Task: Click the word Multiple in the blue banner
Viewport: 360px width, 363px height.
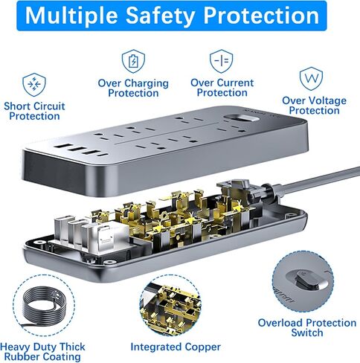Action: pyautogui.click(x=71, y=16)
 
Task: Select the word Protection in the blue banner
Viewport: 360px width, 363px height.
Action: pyautogui.click(x=261, y=16)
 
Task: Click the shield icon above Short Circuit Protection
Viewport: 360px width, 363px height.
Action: pyautogui.click(x=34, y=85)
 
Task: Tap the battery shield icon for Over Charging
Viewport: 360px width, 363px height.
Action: pyautogui.click(x=133, y=61)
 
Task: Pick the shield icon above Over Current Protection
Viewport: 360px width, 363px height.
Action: pyautogui.click(x=221, y=61)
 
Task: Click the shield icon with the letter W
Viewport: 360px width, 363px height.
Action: pyautogui.click(x=311, y=79)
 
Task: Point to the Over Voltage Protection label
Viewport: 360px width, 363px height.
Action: pyautogui.click(x=315, y=106)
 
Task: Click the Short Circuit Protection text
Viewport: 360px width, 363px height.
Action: pyautogui.click(x=34, y=111)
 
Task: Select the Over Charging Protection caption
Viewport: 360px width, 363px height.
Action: pyautogui.click(x=133, y=88)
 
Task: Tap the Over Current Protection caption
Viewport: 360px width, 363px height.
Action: pyautogui.click(x=222, y=88)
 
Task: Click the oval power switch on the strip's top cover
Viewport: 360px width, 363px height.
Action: pyautogui.click(x=240, y=119)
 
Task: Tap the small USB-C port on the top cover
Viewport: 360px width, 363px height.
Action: pyautogui.click(x=103, y=155)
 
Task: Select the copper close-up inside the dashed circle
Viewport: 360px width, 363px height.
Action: pyautogui.click(x=170, y=305)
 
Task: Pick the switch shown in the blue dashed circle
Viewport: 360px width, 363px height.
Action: pyautogui.click(x=303, y=281)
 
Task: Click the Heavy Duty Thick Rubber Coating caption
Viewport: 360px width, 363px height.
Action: pyautogui.click(x=42, y=352)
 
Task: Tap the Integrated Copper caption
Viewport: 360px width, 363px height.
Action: pyautogui.click(x=176, y=347)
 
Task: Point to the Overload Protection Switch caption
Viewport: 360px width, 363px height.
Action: pyautogui.click(x=307, y=328)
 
